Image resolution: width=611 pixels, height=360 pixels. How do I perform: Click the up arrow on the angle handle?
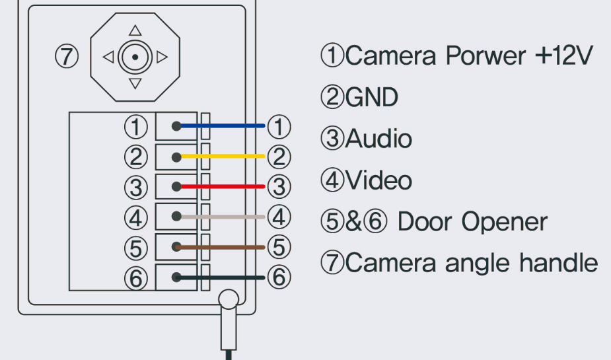pos(135,30)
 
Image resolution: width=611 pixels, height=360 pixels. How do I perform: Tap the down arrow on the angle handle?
pos(135,84)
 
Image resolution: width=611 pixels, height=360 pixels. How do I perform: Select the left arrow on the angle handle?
pos(108,57)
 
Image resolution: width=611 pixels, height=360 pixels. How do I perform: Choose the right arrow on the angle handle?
pos(162,57)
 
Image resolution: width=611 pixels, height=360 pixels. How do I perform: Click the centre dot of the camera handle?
pos(135,57)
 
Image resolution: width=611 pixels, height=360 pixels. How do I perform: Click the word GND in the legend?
pos(372,98)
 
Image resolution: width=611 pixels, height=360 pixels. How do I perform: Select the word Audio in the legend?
pos(378,139)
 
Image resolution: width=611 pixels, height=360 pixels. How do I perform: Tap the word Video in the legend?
pos(378,180)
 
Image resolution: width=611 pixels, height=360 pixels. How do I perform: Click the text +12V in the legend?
pos(562,56)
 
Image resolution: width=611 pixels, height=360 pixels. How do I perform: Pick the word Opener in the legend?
pos(505,222)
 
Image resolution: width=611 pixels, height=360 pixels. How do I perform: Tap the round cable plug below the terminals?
pos(228,301)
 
